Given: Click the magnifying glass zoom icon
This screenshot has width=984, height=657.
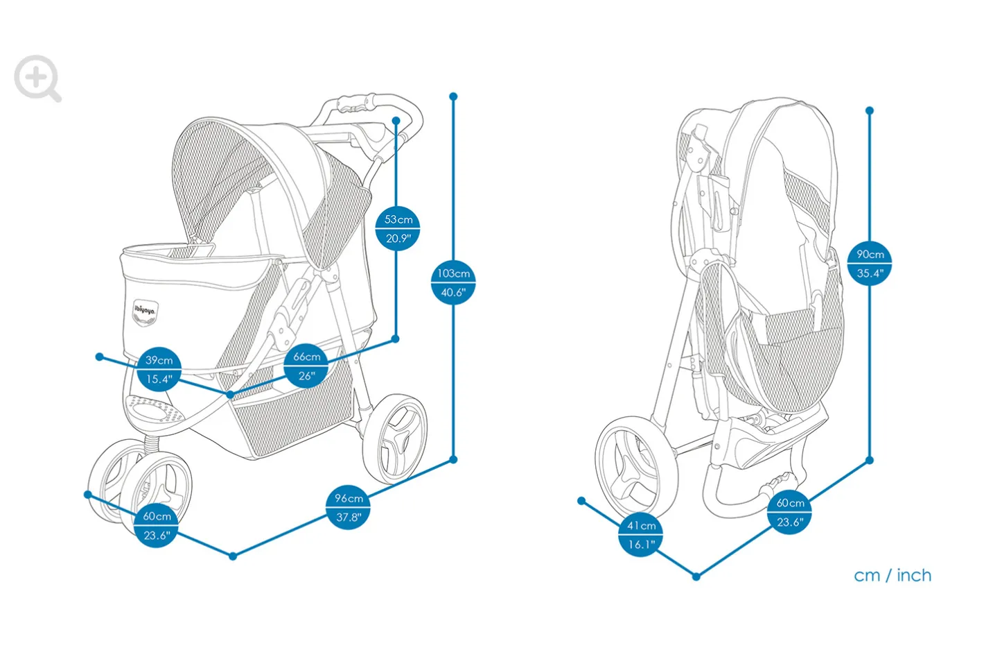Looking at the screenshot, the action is (x=37, y=78).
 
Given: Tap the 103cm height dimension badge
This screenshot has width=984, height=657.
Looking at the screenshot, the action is (x=453, y=282).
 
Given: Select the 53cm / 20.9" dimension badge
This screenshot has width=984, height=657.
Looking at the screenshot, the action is (x=398, y=229).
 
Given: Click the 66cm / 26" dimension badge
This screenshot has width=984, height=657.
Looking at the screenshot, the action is (x=306, y=366).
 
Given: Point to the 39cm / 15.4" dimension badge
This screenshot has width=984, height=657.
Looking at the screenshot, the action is (x=159, y=369).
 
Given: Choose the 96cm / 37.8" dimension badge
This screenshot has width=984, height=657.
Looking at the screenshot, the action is (x=348, y=507).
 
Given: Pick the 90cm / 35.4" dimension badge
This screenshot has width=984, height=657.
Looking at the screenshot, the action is (x=870, y=264).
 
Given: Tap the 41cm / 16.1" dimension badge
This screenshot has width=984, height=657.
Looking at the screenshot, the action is (x=641, y=535).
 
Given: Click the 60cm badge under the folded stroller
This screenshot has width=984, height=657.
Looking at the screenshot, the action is (x=790, y=512).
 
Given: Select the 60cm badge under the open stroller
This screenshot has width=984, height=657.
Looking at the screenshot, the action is (x=157, y=525).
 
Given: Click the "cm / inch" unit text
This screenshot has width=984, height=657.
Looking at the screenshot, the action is (x=893, y=576).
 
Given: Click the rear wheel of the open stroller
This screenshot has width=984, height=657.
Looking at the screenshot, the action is (x=394, y=439).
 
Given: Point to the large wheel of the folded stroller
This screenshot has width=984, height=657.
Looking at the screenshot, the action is (x=637, y=468).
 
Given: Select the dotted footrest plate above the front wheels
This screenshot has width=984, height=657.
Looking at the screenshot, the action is (x=154, y=409).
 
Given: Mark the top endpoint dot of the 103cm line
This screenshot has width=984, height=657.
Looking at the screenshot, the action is (x=453, y=96).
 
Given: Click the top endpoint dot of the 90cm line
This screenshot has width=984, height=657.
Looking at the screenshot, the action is (x=870, y=110).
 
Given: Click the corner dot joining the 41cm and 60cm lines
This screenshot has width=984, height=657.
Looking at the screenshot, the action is (x=696, y=577).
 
